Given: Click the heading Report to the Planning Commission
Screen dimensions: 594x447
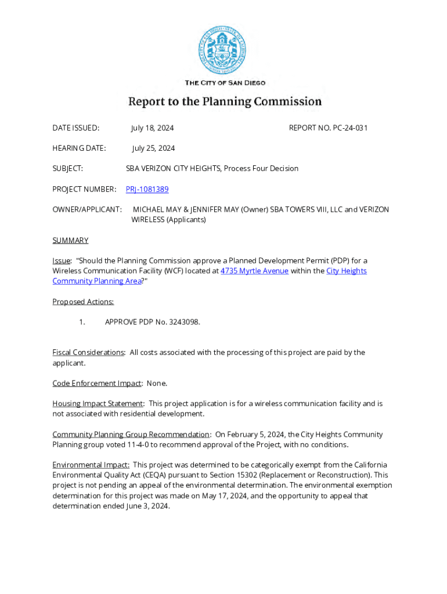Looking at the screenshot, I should [x=225, y=102].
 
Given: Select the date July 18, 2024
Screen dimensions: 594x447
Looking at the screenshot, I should [x=152, y=128].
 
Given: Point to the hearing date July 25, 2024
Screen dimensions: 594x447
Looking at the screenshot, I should [x=153, y=148].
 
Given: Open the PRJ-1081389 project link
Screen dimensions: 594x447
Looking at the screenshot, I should [x=147, y=189].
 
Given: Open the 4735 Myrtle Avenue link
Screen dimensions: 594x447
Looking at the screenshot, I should [x=254, y=271].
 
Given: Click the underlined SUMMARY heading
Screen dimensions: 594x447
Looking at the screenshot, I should [x=70, y=240].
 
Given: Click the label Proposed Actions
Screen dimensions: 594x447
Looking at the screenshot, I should [x=83, y=302].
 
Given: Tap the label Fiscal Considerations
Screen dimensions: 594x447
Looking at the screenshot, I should [x=88, y=352].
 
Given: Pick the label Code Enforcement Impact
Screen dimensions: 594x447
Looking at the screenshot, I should [x=97, y=383].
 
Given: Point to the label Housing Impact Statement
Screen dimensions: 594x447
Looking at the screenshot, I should [x=98, y=403].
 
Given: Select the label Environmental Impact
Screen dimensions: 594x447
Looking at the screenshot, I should [x=91, y=465].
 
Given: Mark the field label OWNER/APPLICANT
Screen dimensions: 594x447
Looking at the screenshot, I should [x=87, y=209].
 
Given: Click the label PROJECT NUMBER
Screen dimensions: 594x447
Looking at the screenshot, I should [x=84, y=189].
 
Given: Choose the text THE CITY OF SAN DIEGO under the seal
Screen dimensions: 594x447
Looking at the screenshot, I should [x=225, y=83].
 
